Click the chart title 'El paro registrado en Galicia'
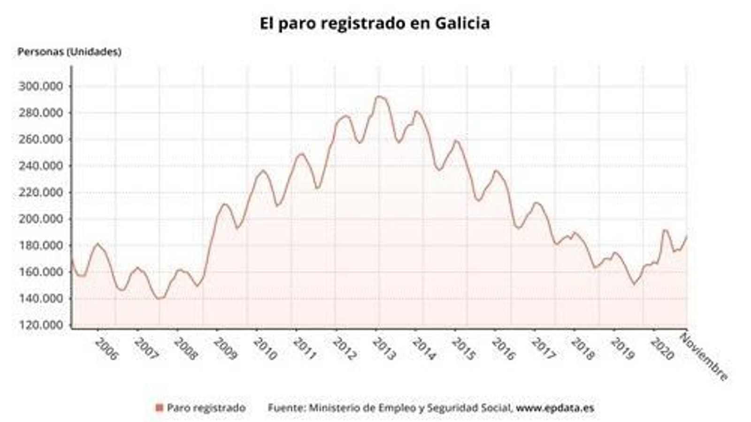pyautogui.click(x=375, y=23)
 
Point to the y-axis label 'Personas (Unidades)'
pyautogui.click(x=69, y=52)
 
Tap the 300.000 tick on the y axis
pyautogui.click(x=40, y=86)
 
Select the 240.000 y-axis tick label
pyautogui.click(x=40, y=166)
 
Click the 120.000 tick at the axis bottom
pyautogui.click(x=40, y=325)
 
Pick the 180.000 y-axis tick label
pyautogui.click(x=40, y=246)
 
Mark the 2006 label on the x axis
pyautogui.click(x=106, y=349)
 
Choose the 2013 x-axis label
pyautogui.click(x=383, y=349)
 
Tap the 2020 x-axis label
pyautogui.click(x=661, y=349)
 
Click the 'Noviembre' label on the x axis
pyautogui.click(x=704, y=357)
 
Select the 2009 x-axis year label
pyautogui.click(x=225, y=349)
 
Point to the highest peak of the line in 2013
pyautogui.click(x=378, y=97)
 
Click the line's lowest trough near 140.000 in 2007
pyautogui.click(x=159, y=299)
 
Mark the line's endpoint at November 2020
pyautogui.click(x=687, y=236)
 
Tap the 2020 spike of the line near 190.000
pyautogui.click(x=665, y=230)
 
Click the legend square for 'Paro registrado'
pyautogui.click(x=159, y=408)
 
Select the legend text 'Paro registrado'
pyautogui.click(x=206, y=408)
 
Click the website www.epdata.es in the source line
pyautogui.click(x=555, y=408)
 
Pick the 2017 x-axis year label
pyautogui.click(x=542, y=349)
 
